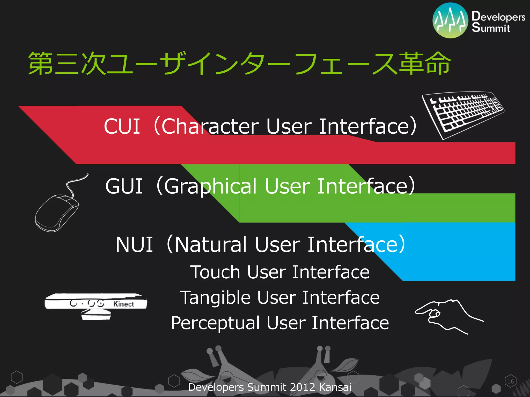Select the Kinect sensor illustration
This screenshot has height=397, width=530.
[96, 305]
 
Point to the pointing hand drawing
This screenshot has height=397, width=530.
[448, 315]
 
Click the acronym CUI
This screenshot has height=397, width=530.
[122, 127]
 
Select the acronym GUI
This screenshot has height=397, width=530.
[124, 186]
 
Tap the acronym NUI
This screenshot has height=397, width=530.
[134, 245]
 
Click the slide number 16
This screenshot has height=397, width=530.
[511, 381]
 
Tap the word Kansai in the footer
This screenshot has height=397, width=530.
[335, 387]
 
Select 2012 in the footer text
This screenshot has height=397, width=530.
[302, 387]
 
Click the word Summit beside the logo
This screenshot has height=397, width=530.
[491, 28]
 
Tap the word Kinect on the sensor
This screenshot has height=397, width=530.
[124, 304]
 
